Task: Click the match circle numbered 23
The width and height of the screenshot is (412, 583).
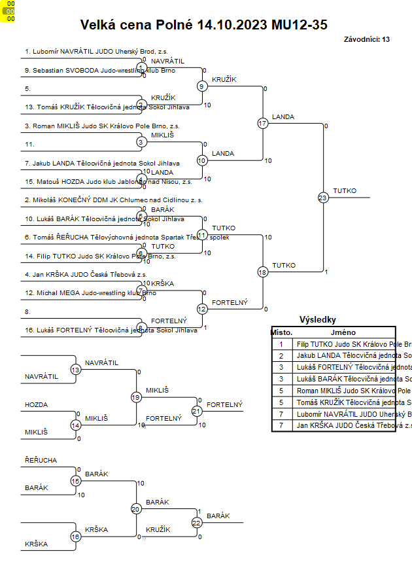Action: tap(322, 197)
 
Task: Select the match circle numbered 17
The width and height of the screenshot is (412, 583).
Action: tap(263, 123)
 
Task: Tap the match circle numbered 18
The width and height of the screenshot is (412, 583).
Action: tap(263, 272)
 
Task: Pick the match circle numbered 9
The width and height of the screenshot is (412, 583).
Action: tap(202, 86)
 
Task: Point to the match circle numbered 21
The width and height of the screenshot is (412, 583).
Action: tap(197, 411)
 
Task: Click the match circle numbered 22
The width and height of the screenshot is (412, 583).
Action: tap(197, 522)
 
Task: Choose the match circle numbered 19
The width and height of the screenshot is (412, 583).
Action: tap(136, 397)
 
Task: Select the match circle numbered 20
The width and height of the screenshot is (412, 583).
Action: tap(136, 508)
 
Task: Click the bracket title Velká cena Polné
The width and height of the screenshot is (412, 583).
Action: tap(203, 25)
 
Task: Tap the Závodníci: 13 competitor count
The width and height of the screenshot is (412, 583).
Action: tap(366, 39)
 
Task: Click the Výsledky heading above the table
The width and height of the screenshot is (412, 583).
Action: tap(317, 320)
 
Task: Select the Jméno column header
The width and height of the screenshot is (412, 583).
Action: tap(343, 332)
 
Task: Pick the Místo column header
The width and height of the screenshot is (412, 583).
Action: tap(281, 332)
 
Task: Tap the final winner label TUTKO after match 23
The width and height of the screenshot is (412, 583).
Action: tap(345, 190)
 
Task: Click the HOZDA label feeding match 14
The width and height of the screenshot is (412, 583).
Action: tap(37, 405)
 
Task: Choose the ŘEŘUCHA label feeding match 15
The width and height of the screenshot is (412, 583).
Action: tap(41, 461)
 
